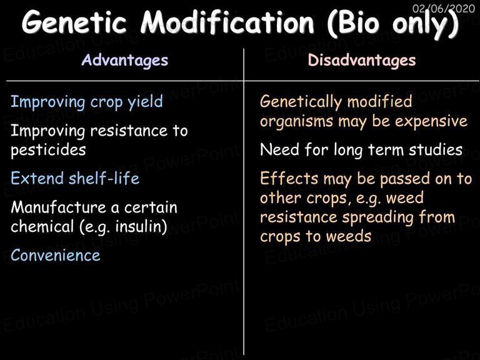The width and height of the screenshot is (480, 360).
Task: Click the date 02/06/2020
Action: pos(444,8)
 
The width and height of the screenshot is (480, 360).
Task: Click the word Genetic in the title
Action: pos(74,22)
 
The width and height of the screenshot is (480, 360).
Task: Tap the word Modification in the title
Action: pos(227,22)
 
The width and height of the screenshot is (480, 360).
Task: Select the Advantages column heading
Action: pos(125,60)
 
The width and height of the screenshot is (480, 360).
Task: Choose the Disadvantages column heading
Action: pos(362,60)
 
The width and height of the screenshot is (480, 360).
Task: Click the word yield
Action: pos(146,102)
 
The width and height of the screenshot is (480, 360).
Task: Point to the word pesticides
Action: pos(48,150)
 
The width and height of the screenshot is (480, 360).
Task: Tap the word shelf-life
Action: pos(104,178)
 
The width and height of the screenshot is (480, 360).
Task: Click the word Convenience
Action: pos(56,255)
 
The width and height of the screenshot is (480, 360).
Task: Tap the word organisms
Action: pos(296,121)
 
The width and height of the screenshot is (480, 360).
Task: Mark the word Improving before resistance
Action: pos(47,131)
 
